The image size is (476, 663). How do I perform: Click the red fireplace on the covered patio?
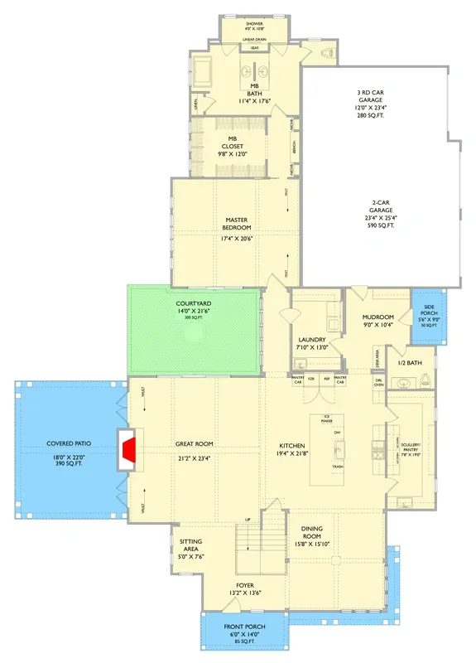(127, 449)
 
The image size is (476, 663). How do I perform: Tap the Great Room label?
(194, 444)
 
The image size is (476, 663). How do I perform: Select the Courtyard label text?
(194, 304)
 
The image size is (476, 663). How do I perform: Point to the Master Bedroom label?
(238, 224)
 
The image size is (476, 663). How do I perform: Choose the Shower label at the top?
(254, 23)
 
